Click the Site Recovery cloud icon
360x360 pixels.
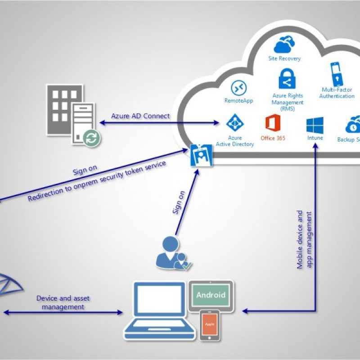point(285,45)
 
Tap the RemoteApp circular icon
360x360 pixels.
point(238,88)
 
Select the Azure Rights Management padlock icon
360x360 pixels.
point(287,80)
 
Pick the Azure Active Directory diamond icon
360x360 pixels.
point(234,123)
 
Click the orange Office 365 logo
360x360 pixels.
point(273,124)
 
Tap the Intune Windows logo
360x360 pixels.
point(315,125)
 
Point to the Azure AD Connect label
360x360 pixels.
point(141,116)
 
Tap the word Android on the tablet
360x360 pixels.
point(211,296)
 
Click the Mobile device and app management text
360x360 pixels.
point(305,239)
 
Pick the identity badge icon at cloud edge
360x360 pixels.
point(199,155)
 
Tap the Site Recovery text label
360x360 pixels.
point(284,58)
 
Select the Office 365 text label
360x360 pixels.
point(273,138)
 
